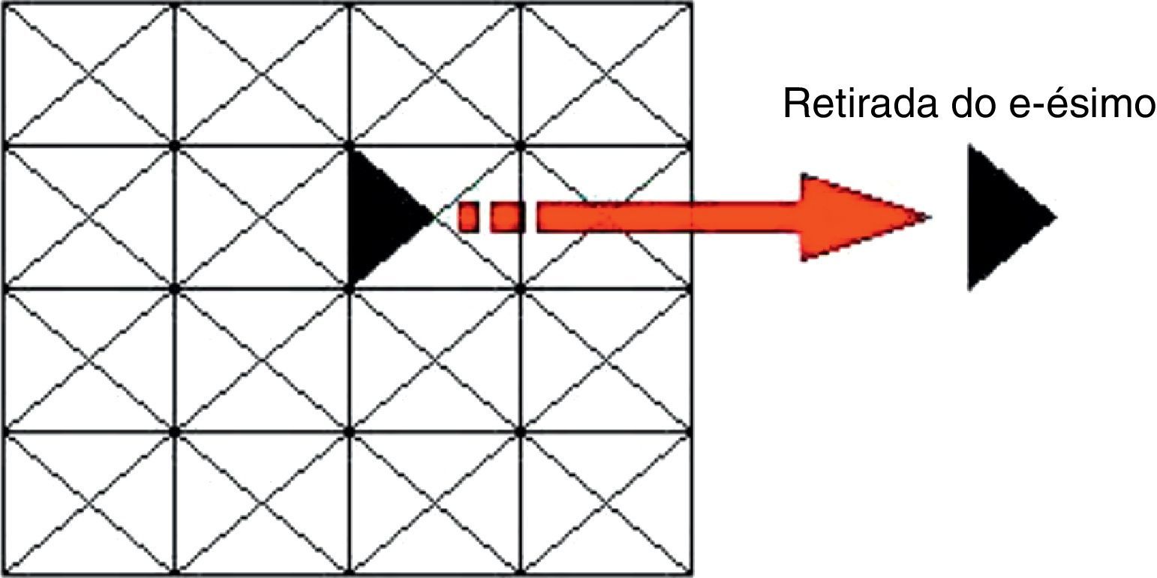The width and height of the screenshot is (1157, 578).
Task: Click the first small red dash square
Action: pos(469,217)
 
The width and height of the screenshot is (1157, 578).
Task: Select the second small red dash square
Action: pos(506,217)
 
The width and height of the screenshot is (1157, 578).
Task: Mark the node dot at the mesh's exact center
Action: pos(350,287)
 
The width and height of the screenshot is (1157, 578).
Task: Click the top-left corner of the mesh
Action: pos(4,4)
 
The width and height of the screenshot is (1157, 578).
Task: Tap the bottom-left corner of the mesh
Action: pos(4,573)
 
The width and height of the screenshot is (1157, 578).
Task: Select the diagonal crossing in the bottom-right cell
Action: pos(606,503)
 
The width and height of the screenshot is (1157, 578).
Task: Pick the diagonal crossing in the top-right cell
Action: pos(606,73)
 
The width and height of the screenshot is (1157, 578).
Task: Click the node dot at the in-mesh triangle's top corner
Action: pos(350,143)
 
